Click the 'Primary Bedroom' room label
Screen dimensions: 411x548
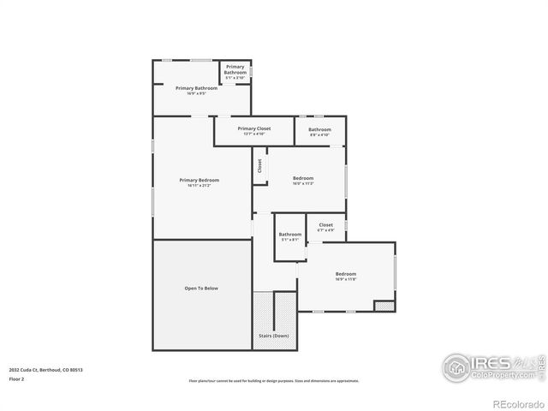coord(199,180)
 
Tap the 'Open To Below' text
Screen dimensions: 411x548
coord(201,289)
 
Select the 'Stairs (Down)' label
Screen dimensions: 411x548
coord(274,336)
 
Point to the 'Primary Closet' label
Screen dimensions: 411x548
coord(254,128)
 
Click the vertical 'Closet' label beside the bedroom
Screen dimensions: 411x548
coord(259,166)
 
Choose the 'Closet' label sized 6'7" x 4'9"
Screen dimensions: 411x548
coord(325,225)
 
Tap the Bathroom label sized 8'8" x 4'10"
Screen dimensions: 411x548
coord(320,129)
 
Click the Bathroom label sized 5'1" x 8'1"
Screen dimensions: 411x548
coord(290,234)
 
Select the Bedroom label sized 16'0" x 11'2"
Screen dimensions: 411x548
coord(303,178)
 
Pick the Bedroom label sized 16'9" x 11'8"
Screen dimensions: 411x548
coord(345,274)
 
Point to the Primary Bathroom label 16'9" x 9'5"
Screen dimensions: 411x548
coord(196,88)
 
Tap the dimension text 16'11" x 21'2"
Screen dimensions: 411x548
coord(199,185)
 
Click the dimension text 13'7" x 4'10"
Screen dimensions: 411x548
coord(254,134)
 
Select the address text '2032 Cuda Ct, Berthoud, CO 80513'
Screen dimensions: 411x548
coord(46,370)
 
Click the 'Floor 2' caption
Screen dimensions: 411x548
coord(16,378)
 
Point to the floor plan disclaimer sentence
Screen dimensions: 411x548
coord(273,381)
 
